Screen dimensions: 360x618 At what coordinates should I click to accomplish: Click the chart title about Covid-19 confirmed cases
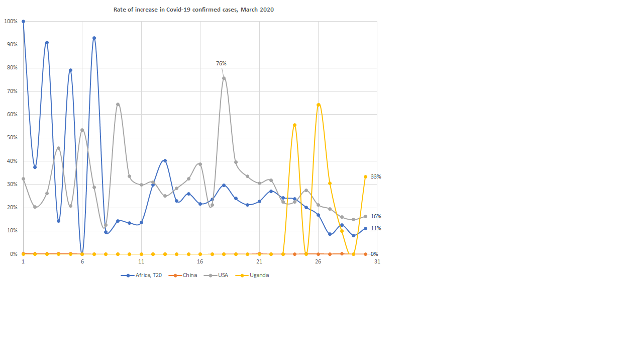(x=193, y=10)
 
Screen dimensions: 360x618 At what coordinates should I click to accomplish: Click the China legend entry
(x=189, y=275)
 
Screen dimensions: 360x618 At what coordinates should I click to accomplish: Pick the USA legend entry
(x=223, y=275)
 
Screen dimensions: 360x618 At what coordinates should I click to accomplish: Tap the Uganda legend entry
(x=259, y=275)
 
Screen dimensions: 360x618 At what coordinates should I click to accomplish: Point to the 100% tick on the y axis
(x=11, y=22)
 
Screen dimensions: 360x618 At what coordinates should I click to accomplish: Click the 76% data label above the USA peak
(x=221, y=64)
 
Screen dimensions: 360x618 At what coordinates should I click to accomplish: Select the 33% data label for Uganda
(x=376, y=177)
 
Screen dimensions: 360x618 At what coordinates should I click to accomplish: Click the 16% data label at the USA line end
(x=376, y=217)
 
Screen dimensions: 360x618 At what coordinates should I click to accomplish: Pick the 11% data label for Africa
(x=376, y=229)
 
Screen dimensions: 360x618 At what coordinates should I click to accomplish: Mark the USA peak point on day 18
(x=224, y=78)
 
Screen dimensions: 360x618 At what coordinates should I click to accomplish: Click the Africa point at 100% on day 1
(x=23, y=22)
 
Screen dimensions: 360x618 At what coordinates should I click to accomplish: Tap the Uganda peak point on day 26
(x=319, y=105)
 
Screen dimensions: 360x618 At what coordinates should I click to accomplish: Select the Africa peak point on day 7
(x=94, y=38)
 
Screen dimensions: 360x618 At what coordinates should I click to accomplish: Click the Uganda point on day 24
(x=294, y=125)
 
